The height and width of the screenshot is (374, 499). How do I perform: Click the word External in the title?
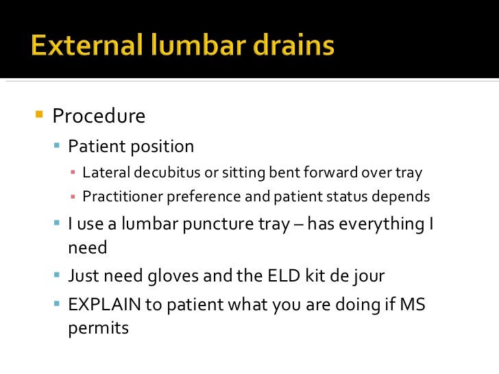[82, 47]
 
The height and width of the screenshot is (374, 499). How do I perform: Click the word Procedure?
[99, 116]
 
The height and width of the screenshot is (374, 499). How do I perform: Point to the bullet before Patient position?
[58, 145]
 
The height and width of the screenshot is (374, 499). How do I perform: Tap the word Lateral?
[104, 173]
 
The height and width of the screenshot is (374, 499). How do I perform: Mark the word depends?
[401, 197]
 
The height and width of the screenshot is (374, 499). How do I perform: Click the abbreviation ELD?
[271, 276]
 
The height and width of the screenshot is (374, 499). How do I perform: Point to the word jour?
[367, 277]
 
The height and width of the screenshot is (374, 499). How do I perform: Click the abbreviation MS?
[413, 304]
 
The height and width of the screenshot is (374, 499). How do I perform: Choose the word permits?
[98, 328]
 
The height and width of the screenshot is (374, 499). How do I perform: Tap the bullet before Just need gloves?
[58, 275]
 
